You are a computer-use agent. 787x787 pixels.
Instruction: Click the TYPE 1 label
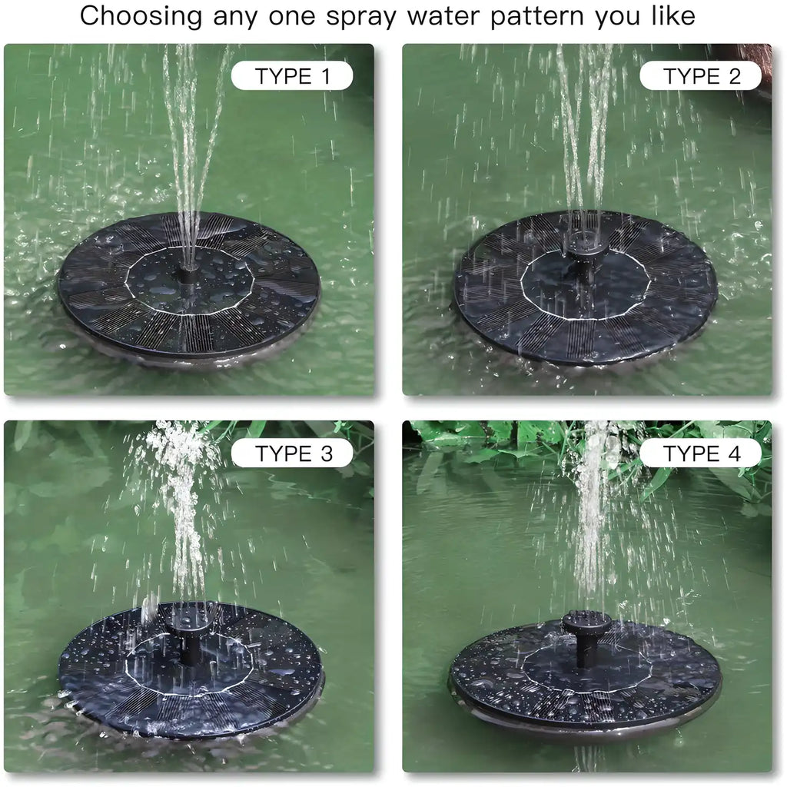coord(292,75)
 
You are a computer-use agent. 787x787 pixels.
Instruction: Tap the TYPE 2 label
coord(701,75)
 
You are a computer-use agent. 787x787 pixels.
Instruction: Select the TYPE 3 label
coord(292,453)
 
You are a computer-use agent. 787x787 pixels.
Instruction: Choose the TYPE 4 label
coord(701,453)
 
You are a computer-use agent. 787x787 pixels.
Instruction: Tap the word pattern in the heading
coord(539,17)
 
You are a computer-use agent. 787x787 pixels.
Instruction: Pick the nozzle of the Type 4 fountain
coord(586,624)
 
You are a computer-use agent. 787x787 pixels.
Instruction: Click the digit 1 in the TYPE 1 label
coord(326,75)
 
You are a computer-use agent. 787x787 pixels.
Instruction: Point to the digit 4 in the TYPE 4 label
coord(735,453)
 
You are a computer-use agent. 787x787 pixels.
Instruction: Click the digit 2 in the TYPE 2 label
coord(735,75)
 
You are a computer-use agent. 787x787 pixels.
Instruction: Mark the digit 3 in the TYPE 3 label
coord(326,453)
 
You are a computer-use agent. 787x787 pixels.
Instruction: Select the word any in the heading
coord(231,17)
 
